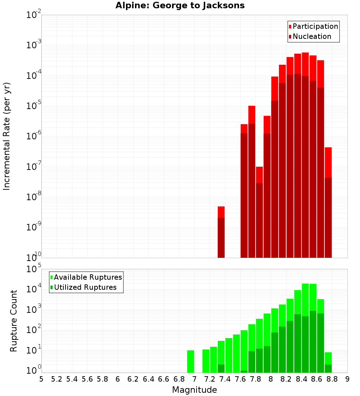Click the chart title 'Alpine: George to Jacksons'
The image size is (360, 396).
180,6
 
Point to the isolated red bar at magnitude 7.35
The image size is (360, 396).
221,232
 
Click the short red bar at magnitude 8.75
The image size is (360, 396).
328,202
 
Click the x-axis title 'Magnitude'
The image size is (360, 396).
194,390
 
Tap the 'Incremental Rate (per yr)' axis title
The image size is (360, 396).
7,136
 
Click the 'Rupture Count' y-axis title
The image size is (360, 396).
14,321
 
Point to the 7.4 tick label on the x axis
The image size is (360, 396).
225,379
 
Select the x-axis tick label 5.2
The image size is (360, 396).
57,379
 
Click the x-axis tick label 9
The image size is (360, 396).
347,379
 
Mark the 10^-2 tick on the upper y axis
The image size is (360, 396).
34,15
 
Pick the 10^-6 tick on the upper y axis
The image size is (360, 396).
34,136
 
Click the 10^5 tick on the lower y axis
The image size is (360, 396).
34,269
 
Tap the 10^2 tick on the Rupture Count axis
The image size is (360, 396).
34,330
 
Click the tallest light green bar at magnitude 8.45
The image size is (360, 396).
305,328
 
